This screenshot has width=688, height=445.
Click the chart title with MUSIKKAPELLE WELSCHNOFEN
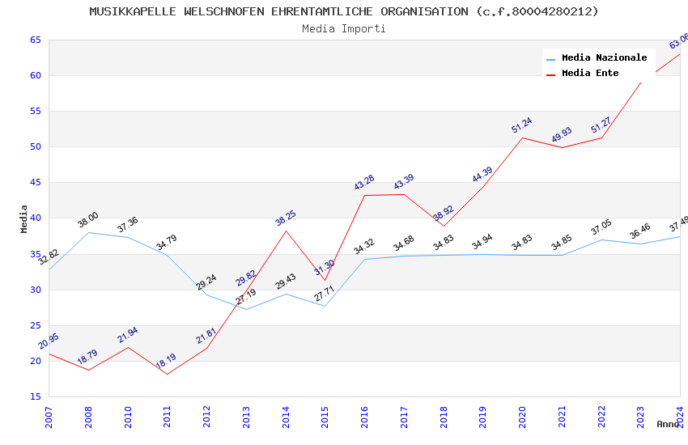coord(344,11)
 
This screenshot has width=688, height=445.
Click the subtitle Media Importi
coord(344,28)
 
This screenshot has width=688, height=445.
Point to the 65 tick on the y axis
coord(36,40)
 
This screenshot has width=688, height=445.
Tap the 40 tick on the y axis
coord(36,218)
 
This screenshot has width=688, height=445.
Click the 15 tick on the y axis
coord(36,396)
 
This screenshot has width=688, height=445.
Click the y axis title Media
coord(24,218)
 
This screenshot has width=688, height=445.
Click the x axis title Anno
coord(668,424)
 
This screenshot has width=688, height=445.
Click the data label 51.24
coord(521,125)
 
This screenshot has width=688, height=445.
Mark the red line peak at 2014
coord(286,231)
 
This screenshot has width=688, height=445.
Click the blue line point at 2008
coord(88,232)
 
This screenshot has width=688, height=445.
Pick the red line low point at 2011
coord(167,374)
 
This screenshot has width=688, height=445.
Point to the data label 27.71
coord(325,294)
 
